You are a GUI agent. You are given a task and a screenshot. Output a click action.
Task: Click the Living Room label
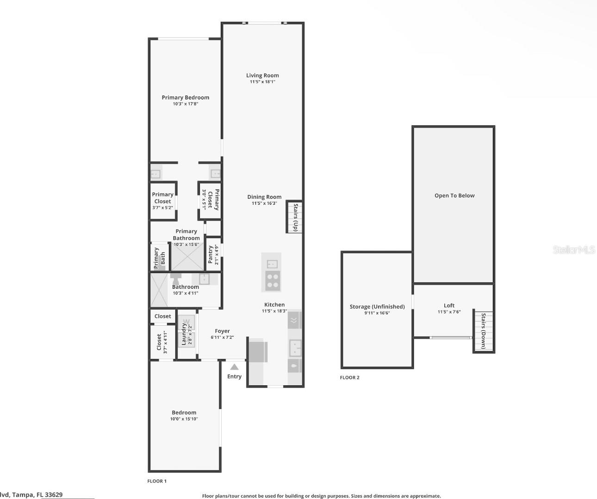pyautogui.click(x=262, y=75)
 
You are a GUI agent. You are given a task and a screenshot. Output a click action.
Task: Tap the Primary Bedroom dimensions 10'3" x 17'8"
pyautogui.click(x=186, y=104)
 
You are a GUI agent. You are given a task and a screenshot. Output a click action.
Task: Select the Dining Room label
pyautogui.click(x=264, y=197)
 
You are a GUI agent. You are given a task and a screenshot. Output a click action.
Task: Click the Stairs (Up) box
pyautogui.click(x=294, y=217)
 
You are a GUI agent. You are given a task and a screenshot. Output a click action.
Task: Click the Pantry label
pyautogui.click(x=211, y=254)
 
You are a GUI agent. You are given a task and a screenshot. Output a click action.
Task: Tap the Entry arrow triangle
pyautogui.click(x=235, y=367)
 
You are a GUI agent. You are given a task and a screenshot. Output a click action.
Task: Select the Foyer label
pyautogui.click(x=222, y=331)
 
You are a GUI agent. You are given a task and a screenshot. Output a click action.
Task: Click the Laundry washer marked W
pyautogui.click(x=187, y=322)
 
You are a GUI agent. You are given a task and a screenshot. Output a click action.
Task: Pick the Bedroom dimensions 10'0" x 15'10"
pyautogui.click(x=184, y=419)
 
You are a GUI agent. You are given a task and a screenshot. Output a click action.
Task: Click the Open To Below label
pyautogui.click(x=454, y=195)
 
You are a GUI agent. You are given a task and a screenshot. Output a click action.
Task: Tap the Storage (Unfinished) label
pyautogui.click(x=377, y=306)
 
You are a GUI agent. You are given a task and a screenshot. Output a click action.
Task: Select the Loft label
pyautogui.click(x=449, y=305)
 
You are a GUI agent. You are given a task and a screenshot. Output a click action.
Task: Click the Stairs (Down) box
pyautogui.click(x=483, y=331)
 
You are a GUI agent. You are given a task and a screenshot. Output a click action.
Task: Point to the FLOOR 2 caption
pyautogui.click(x=349, y=377)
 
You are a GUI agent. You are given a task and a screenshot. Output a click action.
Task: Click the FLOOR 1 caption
pyautogui.click(x=157, y=481)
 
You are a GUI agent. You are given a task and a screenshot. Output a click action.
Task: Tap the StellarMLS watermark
pyautogui.click(x=573, y=250)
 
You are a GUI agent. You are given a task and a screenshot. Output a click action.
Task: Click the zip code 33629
pyautogui.click(x=54, y=494)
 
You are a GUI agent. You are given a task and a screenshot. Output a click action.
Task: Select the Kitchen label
pyautogui.click(x=274, y=304)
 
